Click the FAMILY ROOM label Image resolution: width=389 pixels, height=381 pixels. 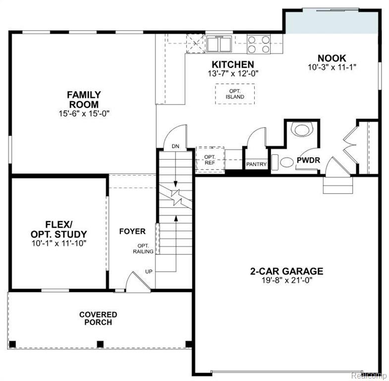84,99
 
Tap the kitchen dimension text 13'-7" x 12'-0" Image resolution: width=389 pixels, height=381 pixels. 233,74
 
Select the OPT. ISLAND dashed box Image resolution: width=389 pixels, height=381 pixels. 235,94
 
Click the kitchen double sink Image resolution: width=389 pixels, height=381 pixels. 220,44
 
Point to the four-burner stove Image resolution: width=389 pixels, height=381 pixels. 259,44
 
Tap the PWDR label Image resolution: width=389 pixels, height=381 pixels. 308,160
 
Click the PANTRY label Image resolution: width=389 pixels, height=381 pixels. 256,164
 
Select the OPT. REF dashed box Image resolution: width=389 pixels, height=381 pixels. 210,160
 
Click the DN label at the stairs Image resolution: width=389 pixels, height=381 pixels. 175,146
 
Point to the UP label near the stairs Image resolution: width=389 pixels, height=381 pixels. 149,272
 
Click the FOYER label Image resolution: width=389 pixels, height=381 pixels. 132,232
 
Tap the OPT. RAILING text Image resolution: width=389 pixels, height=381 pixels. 143,249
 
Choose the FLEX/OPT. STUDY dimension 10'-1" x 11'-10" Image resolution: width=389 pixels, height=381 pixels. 59,243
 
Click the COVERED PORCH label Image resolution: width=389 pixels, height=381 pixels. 98,318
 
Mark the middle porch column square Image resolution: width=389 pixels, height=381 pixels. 100,344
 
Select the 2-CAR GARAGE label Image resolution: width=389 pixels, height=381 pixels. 286,271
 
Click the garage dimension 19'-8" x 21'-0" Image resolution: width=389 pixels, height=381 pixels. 287,280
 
